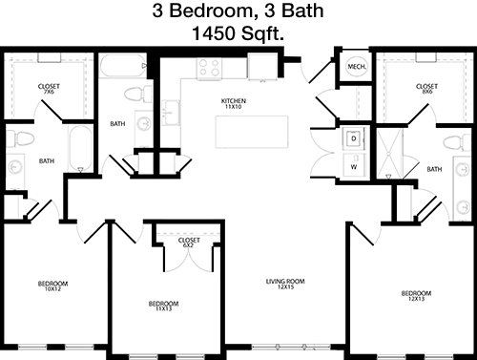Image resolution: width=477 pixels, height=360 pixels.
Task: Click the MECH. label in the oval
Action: coord(357,67)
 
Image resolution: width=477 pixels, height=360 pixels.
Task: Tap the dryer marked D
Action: coord(354,138)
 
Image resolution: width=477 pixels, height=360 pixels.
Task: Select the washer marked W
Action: coord(354,165)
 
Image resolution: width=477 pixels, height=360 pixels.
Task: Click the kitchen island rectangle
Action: coord(252,132)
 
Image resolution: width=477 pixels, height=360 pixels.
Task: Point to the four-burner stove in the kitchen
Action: coord(209,68)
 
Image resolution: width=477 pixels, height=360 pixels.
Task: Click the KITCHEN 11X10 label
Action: coord(234,104)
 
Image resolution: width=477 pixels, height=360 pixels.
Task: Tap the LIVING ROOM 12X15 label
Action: coord(285,284)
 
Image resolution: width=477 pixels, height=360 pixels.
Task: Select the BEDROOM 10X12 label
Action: coord(52,286)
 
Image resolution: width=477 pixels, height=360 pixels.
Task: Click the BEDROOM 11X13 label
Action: coord(163,307)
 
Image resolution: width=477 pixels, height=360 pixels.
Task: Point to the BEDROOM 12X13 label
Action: coord(416,296)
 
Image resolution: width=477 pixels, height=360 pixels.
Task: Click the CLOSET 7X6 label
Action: coord(49,89)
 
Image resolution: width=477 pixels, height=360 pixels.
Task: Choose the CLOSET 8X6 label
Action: coord(426,89)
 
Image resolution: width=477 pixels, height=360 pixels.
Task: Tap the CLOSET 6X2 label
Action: coord(189,243)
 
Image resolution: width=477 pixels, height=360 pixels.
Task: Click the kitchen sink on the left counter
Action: coord(171,113)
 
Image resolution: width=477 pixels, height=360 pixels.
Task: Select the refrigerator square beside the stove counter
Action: coord(262,67)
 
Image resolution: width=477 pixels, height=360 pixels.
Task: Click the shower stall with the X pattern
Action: coord(389,154)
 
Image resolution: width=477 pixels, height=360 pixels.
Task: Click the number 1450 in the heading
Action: coord(213,33)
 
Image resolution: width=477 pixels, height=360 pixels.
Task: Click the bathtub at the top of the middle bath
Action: coord(123,66)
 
